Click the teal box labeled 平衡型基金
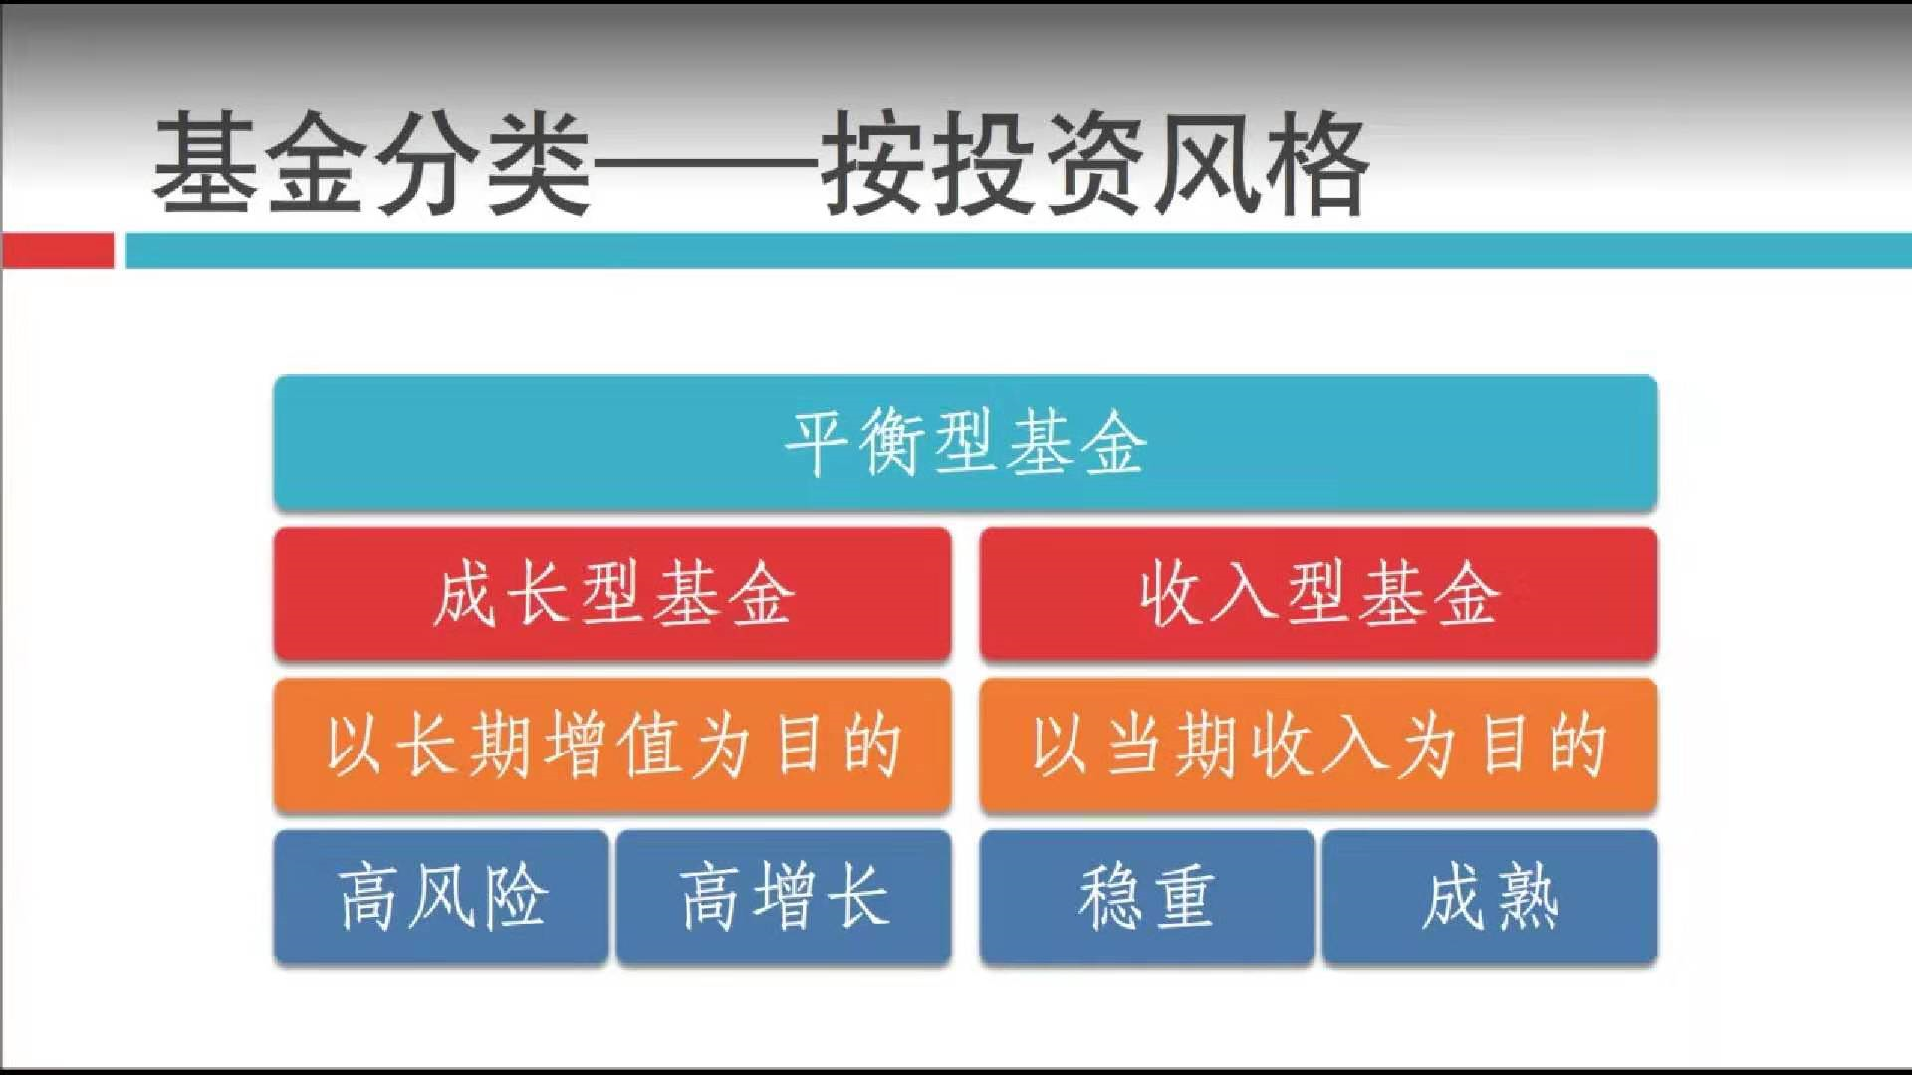coord(965,443)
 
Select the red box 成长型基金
coord(612,594)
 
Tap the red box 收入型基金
coord(1318,594)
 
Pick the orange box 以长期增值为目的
coord(612,746)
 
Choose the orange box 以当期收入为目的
coord(1318,746)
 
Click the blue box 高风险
coord(441,897)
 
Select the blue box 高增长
coord(784,897)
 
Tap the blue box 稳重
coord(1147,897)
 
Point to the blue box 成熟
coord(1490,897)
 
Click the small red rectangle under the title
coord(58,250)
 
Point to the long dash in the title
coord(705,165)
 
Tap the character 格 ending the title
coord(1314,163)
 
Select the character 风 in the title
coord(1203,163)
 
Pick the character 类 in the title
coord(539,163)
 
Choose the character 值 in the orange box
coord(647,746)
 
